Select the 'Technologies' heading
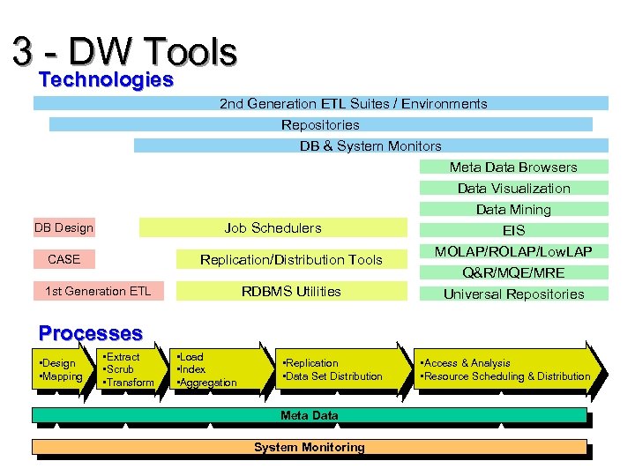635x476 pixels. point(106,80)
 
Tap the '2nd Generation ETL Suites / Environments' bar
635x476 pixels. point(353,103)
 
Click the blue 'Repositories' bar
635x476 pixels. point(320,124)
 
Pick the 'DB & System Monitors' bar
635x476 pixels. point(370,145)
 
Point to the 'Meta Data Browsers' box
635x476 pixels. point(513,167)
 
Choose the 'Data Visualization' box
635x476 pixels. point(513,188)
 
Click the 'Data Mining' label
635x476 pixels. point(513,209)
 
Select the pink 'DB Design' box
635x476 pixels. point(63,227)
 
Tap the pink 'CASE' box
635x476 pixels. point(63,259)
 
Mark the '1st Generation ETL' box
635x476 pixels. point(97,291)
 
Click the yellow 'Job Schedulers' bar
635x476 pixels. point(273,227)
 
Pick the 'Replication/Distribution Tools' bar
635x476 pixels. point(291,259)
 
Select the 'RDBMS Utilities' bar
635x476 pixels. point(291,291)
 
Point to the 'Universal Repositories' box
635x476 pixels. point(513,294)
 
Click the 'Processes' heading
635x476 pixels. point(90,333)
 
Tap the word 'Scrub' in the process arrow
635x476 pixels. point(120,369)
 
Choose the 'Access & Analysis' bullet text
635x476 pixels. point(467,362)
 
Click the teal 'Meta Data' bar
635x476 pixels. point(309,415)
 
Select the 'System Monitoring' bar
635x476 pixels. point(309,447)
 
